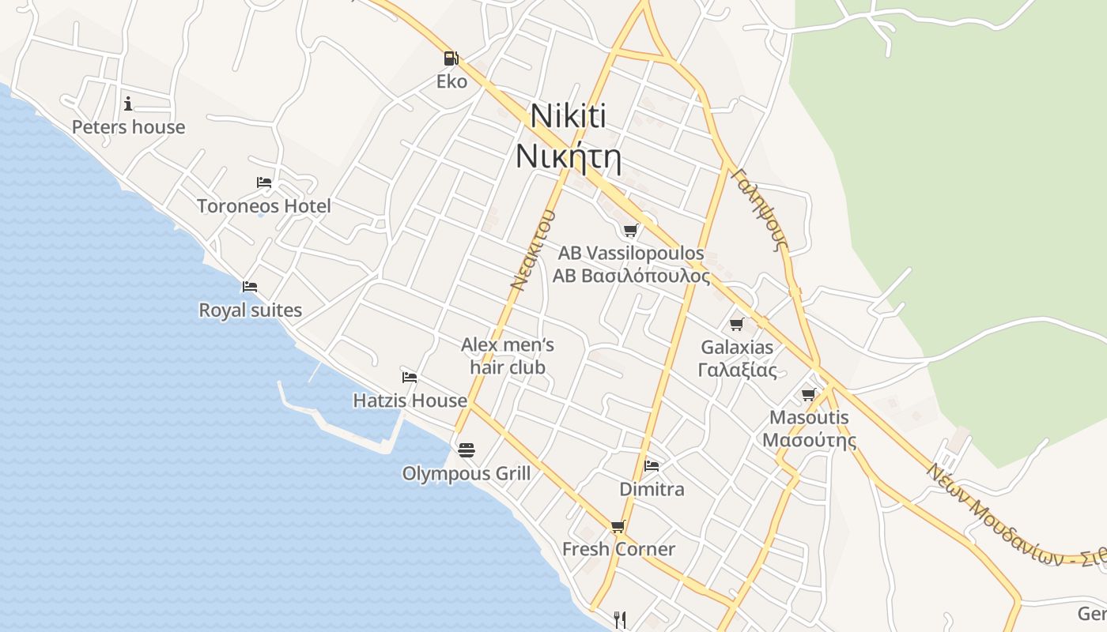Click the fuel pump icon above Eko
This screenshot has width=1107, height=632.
pyautogui.click(x=450, y=58)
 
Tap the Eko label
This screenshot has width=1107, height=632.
pyautogui.click(x=451, y=81)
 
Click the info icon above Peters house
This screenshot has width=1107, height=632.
pyautogui.click(x=128, y=103)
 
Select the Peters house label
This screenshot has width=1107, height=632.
pyautogui.click(x=128, y=127)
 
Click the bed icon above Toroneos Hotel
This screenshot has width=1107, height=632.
pyautogui.click(x=264, y=182)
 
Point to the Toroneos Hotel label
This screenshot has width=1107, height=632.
pyautogui.click(x=264, y=206)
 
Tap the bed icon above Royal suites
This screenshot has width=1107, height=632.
pyautogui.click(x=250, y=286)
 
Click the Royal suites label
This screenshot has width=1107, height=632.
pyautogui.click(x=250, y=310)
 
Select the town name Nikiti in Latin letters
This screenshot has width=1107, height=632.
pyautogui.click(x=568, y=116)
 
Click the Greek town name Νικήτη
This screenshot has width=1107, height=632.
pyautogui.click(x=568, y=156)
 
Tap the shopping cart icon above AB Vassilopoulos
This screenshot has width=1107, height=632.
pyautogui.click(x=630, y=230)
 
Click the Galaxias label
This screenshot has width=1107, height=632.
pyautogui.click(x=737, y=348)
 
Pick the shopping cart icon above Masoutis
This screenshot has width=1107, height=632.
pyautogui.click(x=808, y=393)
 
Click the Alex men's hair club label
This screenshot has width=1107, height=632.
pyautogui.click(x=507, y=355)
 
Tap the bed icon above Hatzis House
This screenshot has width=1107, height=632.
pyautogui.click(x=410, y=377)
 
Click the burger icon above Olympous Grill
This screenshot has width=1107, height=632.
pyautogui.click(x=467, y=450)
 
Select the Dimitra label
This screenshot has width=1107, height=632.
pyautogui.click(x=652, y=489)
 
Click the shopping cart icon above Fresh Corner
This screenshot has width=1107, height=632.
pyautogui.click(x=618, y=526)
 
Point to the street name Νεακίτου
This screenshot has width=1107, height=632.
pyautogui.click(x=531, y=250)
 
